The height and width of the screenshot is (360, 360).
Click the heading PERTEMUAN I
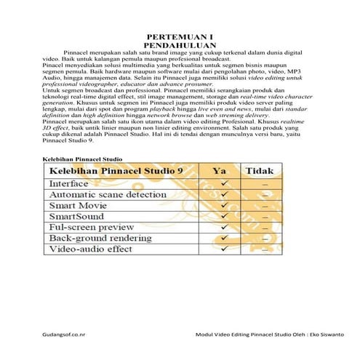[179, 37]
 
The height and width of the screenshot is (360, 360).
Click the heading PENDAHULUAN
[179, 45]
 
